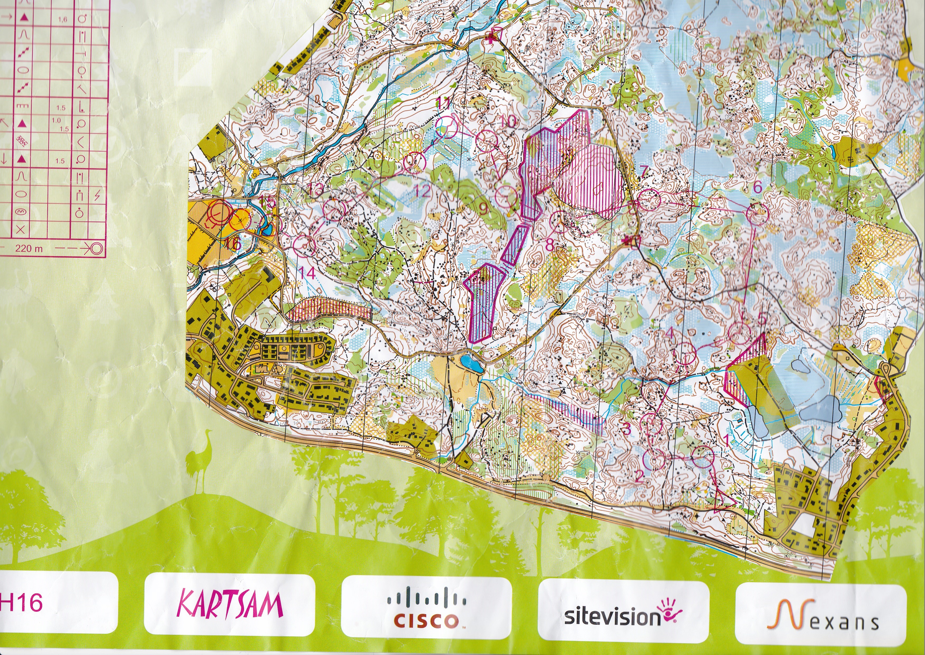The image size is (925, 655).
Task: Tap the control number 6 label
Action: pos(758,187)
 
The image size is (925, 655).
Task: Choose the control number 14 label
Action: pos(307,273)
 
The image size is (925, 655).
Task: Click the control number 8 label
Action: pos(550,244)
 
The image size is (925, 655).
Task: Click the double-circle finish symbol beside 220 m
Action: pos(97,248)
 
